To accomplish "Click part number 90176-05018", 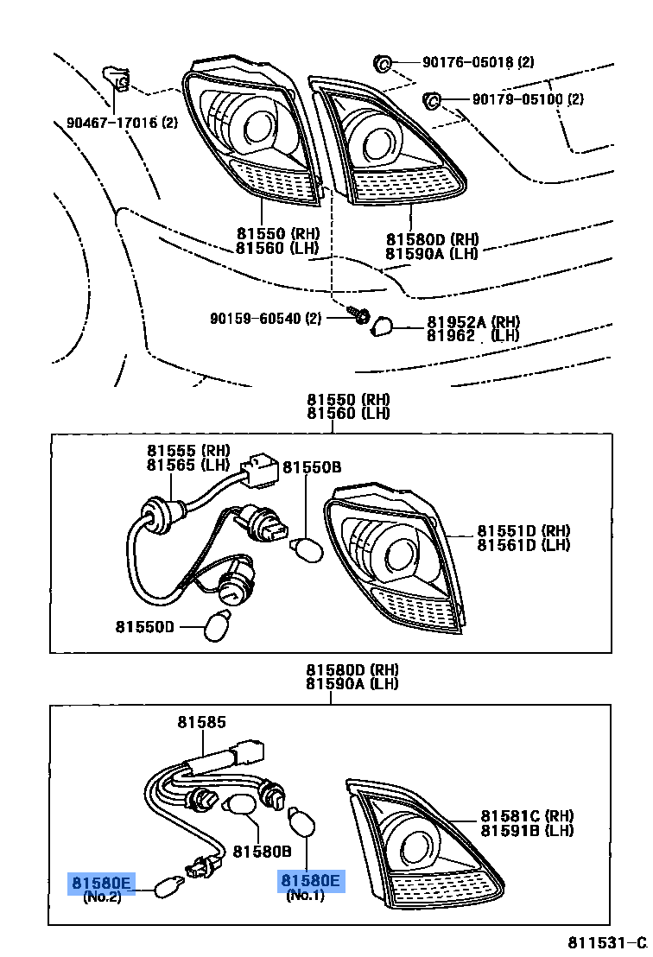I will point(467,62).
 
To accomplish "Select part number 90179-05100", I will point(517,99).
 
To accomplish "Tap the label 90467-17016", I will point(111,123).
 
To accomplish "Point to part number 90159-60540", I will point(254,319).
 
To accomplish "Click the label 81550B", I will point(312,467).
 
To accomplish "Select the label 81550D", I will point(145,625).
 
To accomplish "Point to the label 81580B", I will point(262,851).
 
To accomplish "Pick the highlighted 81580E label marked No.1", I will point(310,881).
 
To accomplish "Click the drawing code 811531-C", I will point(606,941).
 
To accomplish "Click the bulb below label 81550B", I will point(308,549).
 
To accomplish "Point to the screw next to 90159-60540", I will point(360,317).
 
